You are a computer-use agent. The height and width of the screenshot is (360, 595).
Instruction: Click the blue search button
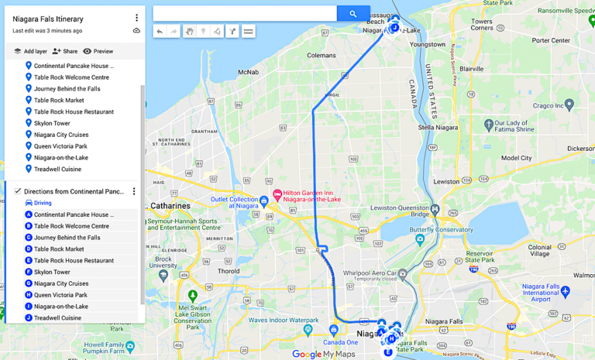pyautogui.click(x=353, y=13)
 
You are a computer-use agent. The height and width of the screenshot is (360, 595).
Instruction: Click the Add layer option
pyautogui.click(x=30, y=51)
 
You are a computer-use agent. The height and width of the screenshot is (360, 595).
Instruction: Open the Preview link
pyautogui.click(x=98, y=51)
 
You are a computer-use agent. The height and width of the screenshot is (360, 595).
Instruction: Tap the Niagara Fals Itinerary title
pyautogui.click(x=48, y=19)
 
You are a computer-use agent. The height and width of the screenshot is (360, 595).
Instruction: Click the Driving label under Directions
pyautogui.click(x=43, y=203)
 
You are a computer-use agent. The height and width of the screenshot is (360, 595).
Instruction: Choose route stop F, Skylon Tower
pyautogui.click(x=52, y=272)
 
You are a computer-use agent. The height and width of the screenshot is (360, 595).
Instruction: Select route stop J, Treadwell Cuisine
pyautogui.click(x=57, y=317)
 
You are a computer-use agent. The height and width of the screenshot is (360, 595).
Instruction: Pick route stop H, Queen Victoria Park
pyautogui.click(x=60, y=295)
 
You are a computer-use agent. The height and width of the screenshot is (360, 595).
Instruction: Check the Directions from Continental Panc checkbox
pyautogui.click(x=18, y=191)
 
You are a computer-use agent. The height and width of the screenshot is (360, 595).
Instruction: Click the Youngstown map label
pyautogui.click(x=428, y=45)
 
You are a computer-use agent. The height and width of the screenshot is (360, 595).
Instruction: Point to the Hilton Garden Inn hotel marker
pyautogui.click(x=277, y=194)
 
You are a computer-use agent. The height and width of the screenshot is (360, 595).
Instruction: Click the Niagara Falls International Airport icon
pyautogui.click(x=565, y=291)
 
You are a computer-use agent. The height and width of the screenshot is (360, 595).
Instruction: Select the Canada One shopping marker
pyautogui.click(x=334, y=331)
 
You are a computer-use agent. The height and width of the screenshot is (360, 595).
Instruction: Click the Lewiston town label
pyautogui.click(x=445, y=181)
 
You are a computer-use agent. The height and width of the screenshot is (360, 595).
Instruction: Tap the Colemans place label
pyautogui.click(x=321, y=56)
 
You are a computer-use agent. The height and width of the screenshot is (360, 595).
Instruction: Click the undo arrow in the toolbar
pyautogui.click(x=160, y=32)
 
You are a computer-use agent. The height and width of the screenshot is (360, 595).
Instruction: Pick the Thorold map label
pyautogui.click(x=229, y=271)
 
